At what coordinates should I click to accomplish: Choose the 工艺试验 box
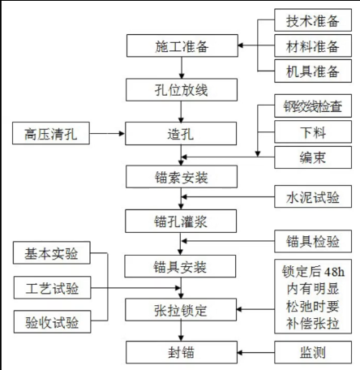tap(51, 287)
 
